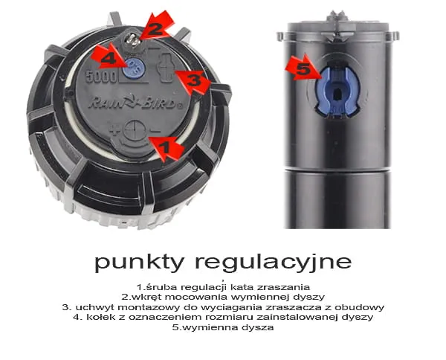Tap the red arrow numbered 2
157,26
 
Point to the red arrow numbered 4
109,57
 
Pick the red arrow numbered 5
303,68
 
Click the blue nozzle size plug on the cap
134,68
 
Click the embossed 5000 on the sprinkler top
101,77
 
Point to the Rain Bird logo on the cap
136,103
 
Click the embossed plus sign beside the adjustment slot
114,131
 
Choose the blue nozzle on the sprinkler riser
337,91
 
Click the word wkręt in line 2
149,297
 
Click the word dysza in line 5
258,327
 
